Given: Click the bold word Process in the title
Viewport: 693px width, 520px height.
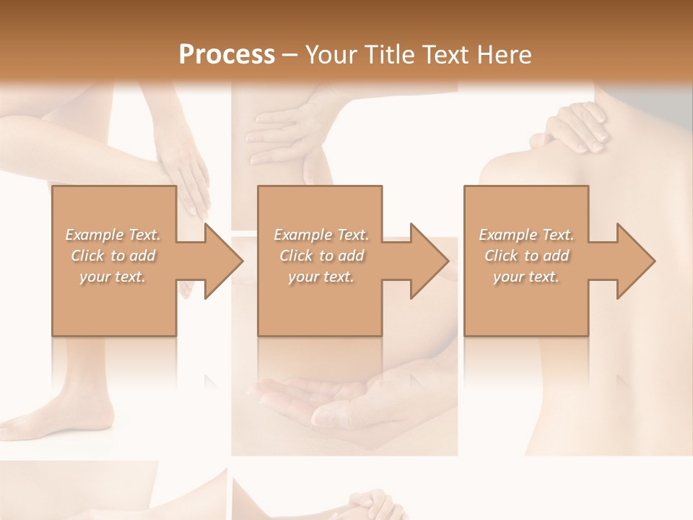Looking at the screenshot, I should (227, 54).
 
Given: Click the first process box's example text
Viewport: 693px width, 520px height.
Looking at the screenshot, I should (113, 256).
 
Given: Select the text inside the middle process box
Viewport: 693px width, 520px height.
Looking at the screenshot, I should (321, 256).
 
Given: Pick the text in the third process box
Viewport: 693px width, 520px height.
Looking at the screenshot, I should (526, 256).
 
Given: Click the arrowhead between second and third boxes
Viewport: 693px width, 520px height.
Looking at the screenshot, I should (429, 261).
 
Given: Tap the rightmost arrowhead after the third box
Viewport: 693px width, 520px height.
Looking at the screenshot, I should (635, 261).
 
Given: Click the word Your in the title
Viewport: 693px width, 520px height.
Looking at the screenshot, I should (331, 54).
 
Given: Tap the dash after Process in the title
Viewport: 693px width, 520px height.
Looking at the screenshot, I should (290, 55).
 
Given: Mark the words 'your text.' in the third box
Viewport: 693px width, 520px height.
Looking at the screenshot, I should (526, 277).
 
